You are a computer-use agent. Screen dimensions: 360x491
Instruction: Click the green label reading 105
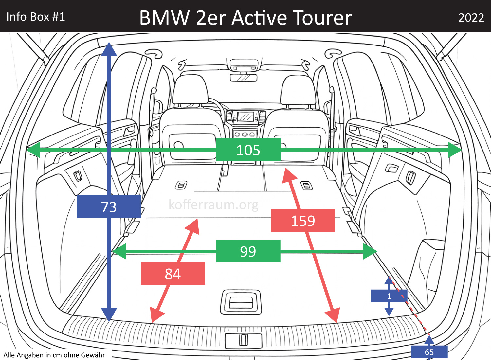click(x=248, y=150)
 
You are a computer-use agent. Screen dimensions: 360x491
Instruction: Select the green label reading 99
click(x=248, y=251)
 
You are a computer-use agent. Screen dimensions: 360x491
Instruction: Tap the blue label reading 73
click(x=109, y=207)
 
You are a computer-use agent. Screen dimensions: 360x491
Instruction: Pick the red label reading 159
click(x=303, y=221)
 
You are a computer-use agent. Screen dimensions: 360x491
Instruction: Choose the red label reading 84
click(x=173, y=274)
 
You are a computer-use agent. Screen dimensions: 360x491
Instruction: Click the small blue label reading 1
click(x=389, y=296)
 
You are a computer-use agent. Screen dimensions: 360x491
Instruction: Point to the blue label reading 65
click(x=429, y=352)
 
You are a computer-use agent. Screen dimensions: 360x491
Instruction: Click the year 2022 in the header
click(x=471, y=18)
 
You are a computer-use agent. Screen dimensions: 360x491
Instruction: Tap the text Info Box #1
click(x=36, y=17)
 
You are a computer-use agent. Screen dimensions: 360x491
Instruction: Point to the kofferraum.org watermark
click(x=213, y=205)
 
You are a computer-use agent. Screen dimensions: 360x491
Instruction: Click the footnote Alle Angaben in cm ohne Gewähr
click(x=54, y=355)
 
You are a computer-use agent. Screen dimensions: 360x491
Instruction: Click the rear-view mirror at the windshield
click(x=244, y=78)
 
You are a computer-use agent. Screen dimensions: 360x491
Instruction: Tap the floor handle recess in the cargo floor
click(x=241, y=302)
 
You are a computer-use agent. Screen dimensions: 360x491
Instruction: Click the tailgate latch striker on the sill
click(x=243, y=340)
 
